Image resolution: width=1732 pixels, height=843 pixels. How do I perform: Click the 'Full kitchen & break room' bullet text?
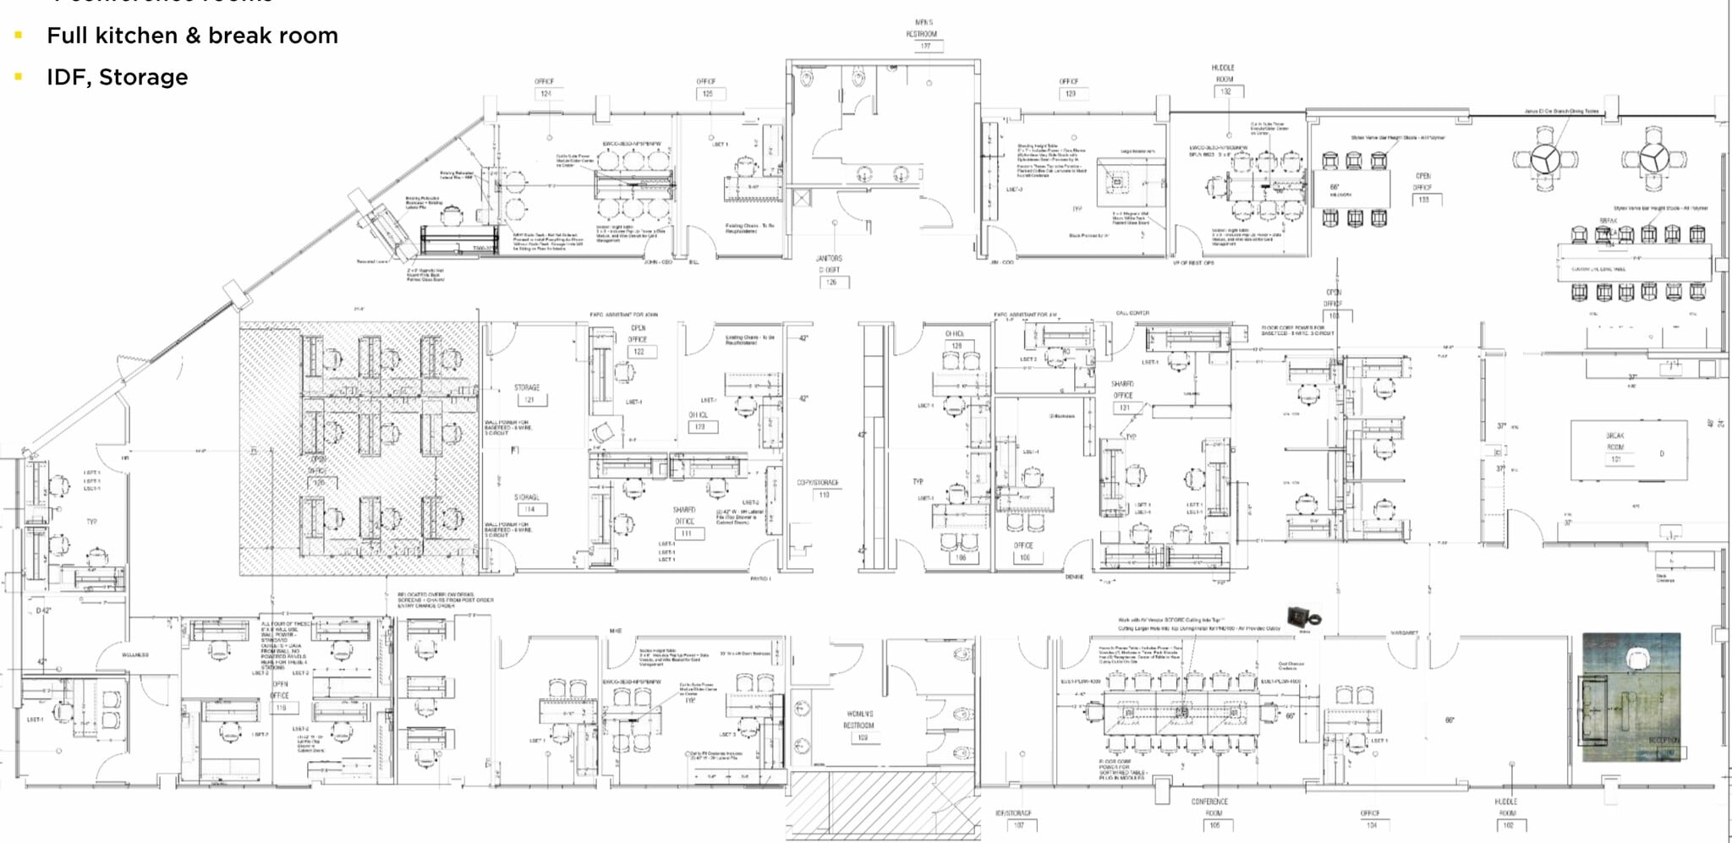pyautogui.click(x=192, y=36)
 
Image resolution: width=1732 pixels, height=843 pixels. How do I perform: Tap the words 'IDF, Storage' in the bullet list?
pyautogui.click(x=117, y=77)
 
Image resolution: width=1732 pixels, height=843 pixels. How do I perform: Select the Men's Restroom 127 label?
pyautogui.click(x=924, y=35)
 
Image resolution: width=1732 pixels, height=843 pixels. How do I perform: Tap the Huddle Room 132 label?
pyautogui.click(x=1224, y=79)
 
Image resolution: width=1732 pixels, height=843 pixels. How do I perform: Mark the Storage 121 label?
pyautogui.click(x=528, y=394)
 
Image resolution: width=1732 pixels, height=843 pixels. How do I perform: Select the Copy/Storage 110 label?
pyautogui.click(x=819, y=489)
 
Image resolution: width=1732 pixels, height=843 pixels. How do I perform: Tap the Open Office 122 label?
pyautogui.click(x=639, y=340)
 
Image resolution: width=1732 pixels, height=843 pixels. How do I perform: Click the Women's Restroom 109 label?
pyautogui.click(x=859, y=725)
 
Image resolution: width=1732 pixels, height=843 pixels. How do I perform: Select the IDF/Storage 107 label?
pyautogui.click(x=1014, y=818)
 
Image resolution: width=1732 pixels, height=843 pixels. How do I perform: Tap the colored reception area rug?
pyautogui.click(x=1631, y=697)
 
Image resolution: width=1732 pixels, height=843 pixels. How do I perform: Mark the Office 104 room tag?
pyautogui.click(x=1370, y=818)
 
